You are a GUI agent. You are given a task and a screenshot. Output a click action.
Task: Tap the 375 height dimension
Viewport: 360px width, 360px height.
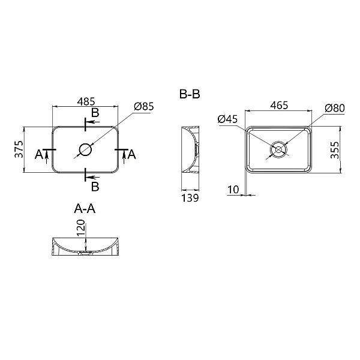click(x=19, y=148)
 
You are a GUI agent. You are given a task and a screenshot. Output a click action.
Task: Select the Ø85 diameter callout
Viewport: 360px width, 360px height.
click(x=144, y=106)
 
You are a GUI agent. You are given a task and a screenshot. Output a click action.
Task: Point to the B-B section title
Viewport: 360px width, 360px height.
click(x=190, y=94)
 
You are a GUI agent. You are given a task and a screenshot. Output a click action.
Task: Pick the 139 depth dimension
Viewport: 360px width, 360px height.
click(x=190, y=198)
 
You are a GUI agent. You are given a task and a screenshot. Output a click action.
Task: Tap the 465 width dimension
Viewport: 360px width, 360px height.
click(x=279, y=106)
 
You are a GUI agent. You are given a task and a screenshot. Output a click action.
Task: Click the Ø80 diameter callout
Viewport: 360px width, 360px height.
click(x=334, y=107)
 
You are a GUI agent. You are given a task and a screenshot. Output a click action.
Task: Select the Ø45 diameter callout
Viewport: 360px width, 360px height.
click(x=228, y=119)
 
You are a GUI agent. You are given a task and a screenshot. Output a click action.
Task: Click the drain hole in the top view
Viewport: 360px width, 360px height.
click(x=85, y=149)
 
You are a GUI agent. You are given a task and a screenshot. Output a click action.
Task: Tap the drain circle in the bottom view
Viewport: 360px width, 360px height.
click(x=278, y=149)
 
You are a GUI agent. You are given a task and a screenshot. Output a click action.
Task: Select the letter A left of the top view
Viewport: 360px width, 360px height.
click(x=39, y=155)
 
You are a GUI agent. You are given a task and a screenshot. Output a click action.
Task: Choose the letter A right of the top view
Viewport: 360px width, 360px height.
click(x=132, y=155)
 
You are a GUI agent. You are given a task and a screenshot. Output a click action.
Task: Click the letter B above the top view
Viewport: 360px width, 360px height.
click(x=95, y=113)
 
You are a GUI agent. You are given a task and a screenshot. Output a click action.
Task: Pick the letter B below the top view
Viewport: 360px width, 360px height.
click(x=95, y=185)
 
